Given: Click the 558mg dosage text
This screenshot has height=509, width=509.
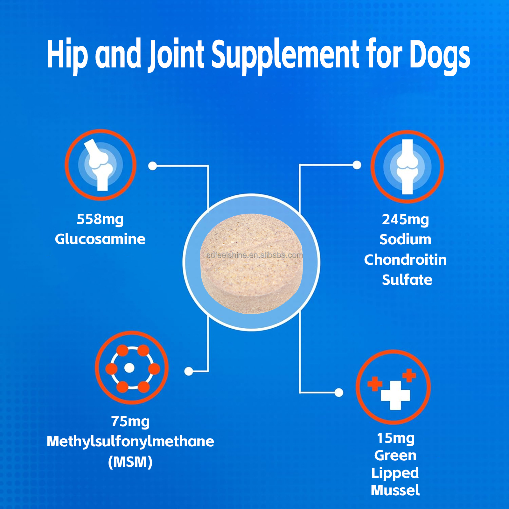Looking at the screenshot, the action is (100, 220).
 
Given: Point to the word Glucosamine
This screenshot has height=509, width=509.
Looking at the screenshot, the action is (100, 239).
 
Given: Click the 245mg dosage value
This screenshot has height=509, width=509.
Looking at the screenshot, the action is (405, 220).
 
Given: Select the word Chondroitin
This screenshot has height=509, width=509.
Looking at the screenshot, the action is (405, 260).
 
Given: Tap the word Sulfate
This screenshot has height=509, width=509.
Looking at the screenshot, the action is (407, 280).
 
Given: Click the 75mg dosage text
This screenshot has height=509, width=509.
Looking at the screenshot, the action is (130, 422).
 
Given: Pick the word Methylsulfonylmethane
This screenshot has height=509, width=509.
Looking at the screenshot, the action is (130, 442).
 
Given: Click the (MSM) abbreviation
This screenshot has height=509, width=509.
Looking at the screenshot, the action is (130, 462).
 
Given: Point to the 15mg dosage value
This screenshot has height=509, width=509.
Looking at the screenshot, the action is (396, 438).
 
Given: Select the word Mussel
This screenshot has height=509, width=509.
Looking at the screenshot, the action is (395, 490).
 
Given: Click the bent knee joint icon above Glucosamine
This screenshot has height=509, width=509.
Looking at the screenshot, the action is (101, 165).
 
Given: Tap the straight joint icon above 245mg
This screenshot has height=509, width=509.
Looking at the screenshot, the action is (407, 166).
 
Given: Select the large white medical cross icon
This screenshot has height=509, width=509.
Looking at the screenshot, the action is (395, 395).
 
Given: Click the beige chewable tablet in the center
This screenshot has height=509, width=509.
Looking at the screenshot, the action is (252, 264).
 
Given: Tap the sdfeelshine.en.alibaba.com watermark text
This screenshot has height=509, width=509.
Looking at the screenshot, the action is (254, 255).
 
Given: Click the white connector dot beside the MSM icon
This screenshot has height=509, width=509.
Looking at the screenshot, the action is (189, 371).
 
